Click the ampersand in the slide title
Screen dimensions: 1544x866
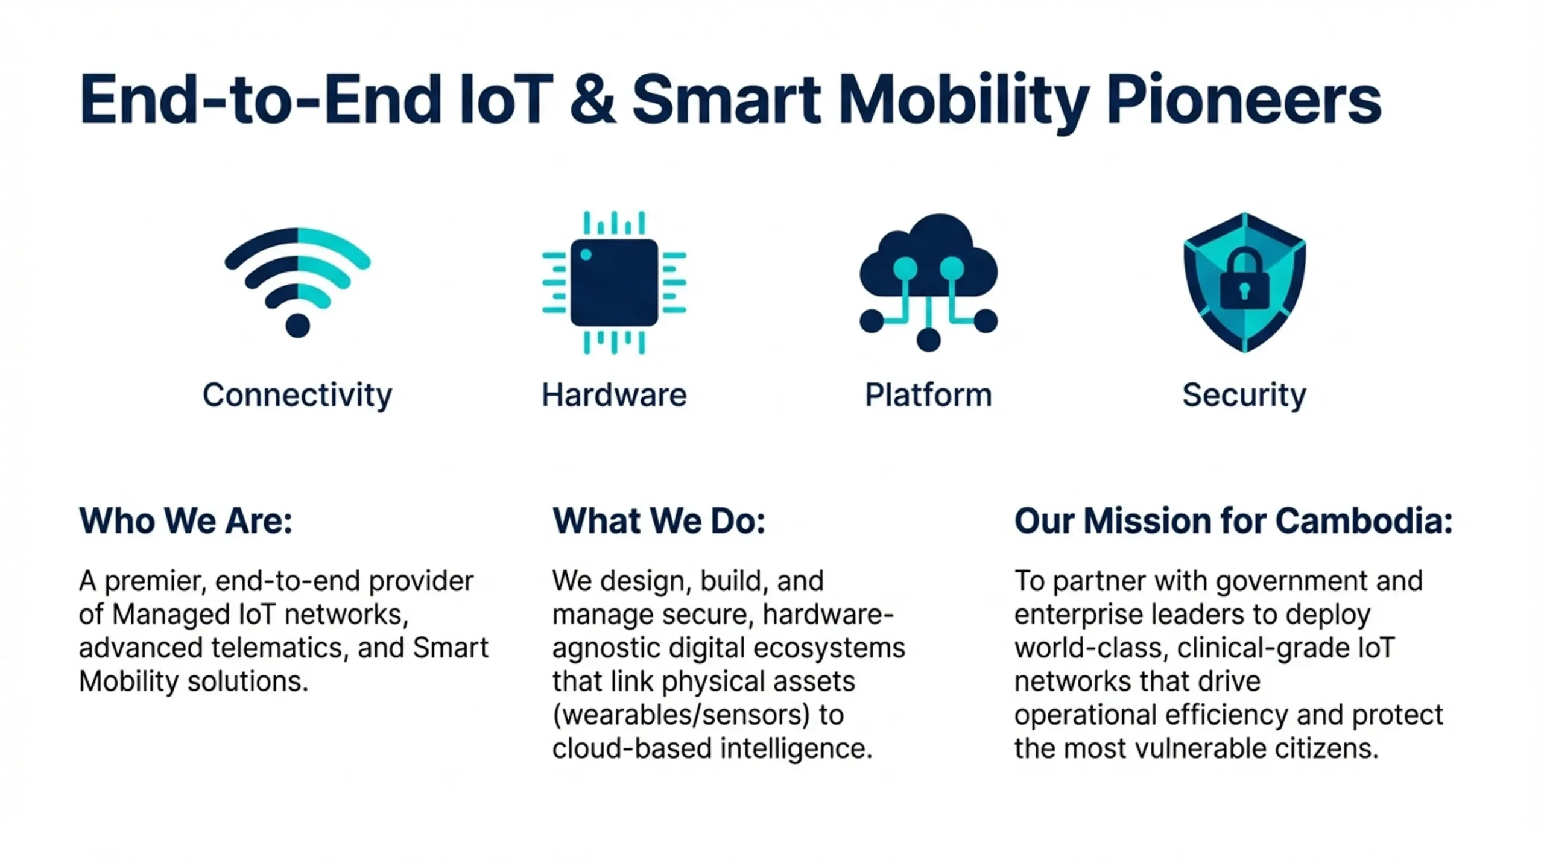pos(593,100)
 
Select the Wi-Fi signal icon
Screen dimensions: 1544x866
pos(297,282)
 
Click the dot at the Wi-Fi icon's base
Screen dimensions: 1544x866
pos(297,326)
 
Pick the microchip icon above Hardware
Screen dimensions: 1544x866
pos(614,282)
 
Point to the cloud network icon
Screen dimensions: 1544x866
pos(928,282)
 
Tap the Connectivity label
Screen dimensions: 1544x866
pos(297,396)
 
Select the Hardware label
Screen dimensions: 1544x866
pos(614,395)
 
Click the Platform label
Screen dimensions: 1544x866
pos(928,395)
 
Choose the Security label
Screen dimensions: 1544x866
pos(1244,396)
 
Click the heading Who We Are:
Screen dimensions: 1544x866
pos(186,520)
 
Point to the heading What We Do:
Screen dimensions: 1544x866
pos(659,520)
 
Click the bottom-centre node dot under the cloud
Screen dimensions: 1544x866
pos(928,340)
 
